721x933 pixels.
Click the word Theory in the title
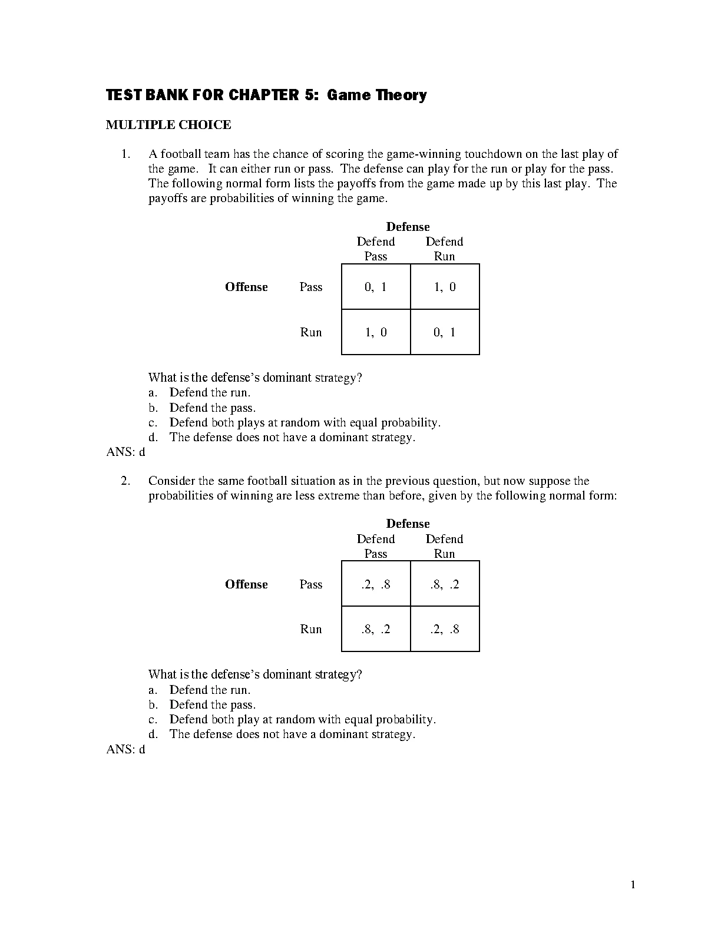click(401, 95)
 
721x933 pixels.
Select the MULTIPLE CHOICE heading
click(168, 125)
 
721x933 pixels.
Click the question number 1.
click(125, 154)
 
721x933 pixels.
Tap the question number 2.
click(125, 481)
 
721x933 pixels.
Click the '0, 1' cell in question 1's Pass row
click(376, 287)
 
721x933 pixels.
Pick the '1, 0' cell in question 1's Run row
click(376, 332)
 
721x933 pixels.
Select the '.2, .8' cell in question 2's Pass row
click(376, 584)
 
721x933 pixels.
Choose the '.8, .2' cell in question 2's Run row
click(376, 629)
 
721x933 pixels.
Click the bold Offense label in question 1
click(246, 287)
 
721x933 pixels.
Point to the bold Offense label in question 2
click(246, 584)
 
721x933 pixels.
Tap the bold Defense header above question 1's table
click(408, 227)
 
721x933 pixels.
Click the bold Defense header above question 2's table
click(408, 524)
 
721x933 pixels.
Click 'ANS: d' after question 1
click(125, 452)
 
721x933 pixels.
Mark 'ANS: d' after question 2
click(125, 749)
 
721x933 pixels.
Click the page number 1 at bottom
click(633, 884)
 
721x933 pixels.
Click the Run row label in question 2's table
click(311, 629)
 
